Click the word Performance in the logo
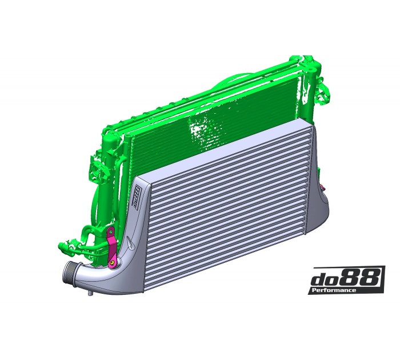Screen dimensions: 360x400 click(334, 290)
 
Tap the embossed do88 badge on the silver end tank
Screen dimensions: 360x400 click(137, 196)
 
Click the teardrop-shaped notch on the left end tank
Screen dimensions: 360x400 click(130, 247)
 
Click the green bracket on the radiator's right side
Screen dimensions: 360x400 click(326, 91)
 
